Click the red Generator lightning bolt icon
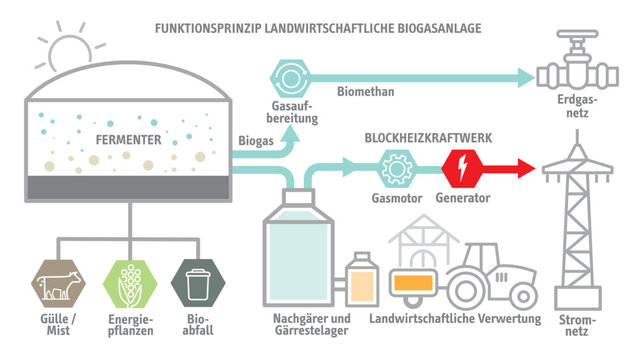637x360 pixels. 462,167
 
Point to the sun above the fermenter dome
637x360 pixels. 71,45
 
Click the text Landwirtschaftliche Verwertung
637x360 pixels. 454,319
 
